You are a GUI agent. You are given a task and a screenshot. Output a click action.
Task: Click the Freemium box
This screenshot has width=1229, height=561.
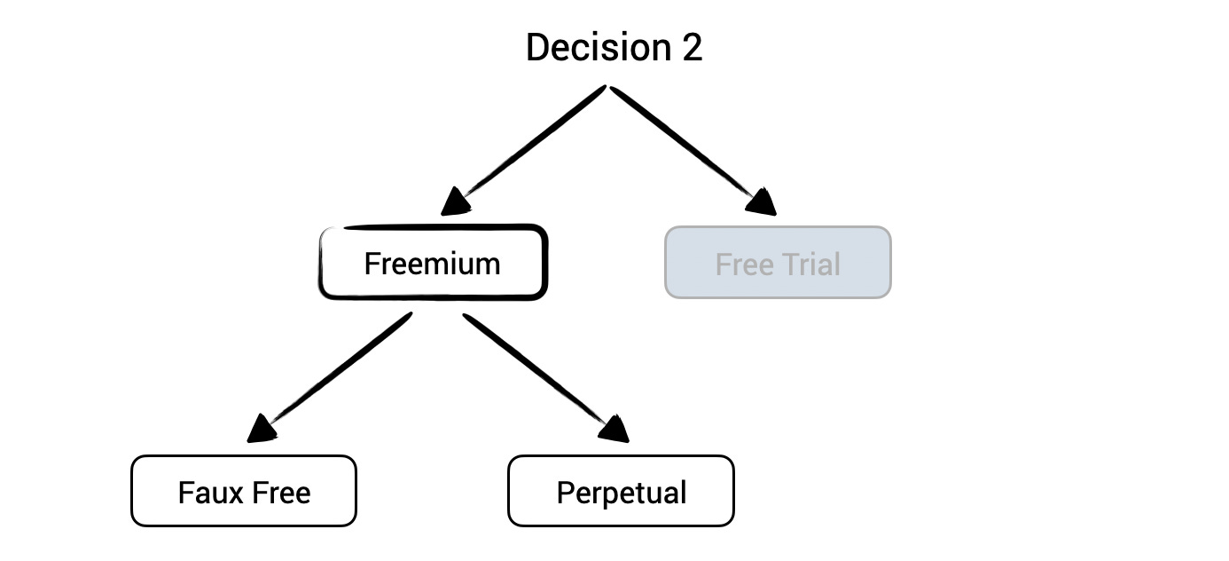433,263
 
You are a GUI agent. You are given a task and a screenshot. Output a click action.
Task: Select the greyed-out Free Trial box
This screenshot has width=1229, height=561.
778,263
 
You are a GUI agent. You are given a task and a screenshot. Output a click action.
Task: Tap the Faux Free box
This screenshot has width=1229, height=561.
244,491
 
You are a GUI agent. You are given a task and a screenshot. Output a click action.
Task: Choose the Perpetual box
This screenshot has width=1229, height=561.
621,491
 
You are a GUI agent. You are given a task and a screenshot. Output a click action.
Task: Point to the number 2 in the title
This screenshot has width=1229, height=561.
693,47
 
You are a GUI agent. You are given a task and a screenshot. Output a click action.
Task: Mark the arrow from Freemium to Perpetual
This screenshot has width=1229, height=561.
536,371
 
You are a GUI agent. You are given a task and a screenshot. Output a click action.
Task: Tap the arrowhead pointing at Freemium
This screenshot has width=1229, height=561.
456,202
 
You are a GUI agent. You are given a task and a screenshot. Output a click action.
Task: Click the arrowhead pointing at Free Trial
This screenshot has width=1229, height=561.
760,202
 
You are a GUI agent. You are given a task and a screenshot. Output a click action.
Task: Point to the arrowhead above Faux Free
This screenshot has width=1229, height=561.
262,429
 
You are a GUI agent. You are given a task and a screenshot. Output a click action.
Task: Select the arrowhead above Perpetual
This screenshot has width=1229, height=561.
613,430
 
